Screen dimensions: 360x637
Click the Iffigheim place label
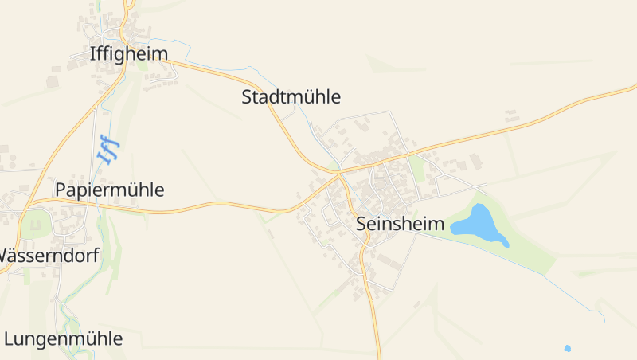click(x=129, y=53)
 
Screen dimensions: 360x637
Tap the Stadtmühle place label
click(x=291, y=97)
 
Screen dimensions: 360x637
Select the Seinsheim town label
click(x=400, y=224)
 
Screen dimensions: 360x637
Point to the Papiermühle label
click(x=109, y=190)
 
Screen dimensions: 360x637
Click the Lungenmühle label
click(x=64, y=338)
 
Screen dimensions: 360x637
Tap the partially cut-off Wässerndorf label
click(x=48, y=256)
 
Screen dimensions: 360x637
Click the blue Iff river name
click(x=107, y=149)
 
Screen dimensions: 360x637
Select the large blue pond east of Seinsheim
click(x=478, y=224)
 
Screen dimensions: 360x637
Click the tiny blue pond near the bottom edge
click(x=567, y=348)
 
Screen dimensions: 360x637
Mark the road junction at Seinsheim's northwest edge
click(x=338, y=171)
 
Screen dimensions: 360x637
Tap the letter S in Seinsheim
click(x=362, y=224)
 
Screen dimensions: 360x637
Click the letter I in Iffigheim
click(x=92, y=53)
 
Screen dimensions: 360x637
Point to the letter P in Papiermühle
click(x=61, y=190)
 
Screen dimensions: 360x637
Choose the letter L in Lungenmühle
click(x=9, y=338)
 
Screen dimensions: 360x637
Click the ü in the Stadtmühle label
click(x=307, y=97)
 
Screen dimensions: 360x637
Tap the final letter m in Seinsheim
click(x=436, y=224)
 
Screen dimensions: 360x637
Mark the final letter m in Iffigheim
click(x=160, y=53)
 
